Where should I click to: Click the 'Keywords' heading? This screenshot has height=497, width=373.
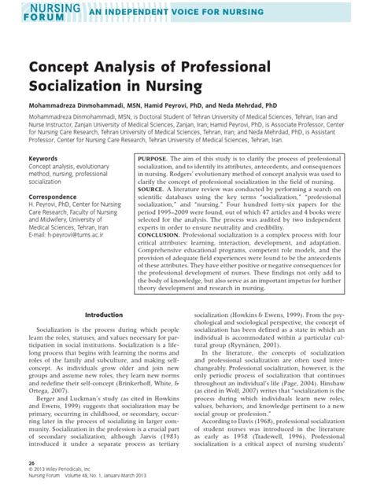(43, 158)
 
